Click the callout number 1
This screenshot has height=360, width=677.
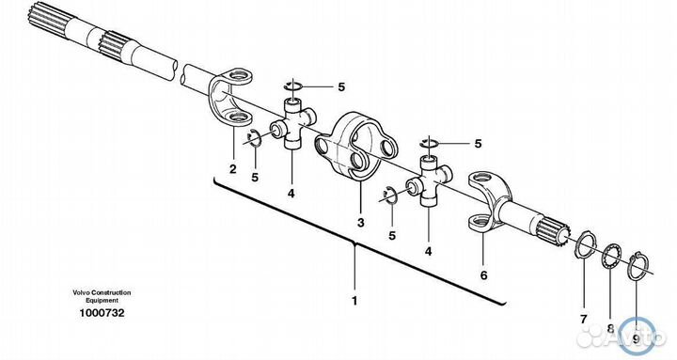pos(354,301)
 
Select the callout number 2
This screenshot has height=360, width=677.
pos(233,169)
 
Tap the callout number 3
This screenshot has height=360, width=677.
pos(360,223)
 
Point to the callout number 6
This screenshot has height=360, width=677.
pos(483,275)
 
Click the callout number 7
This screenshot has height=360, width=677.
pos(583,320)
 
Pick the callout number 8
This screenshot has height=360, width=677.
pos(610,328)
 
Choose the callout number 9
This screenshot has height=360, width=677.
pos(636,339)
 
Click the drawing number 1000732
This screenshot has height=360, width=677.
pos(102,313)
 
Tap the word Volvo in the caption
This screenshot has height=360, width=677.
pos(80,292)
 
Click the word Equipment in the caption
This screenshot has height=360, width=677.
pos(102,300)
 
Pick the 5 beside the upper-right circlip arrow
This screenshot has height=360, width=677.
pos(478,144)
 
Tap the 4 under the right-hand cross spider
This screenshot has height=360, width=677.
pos(429,251)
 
